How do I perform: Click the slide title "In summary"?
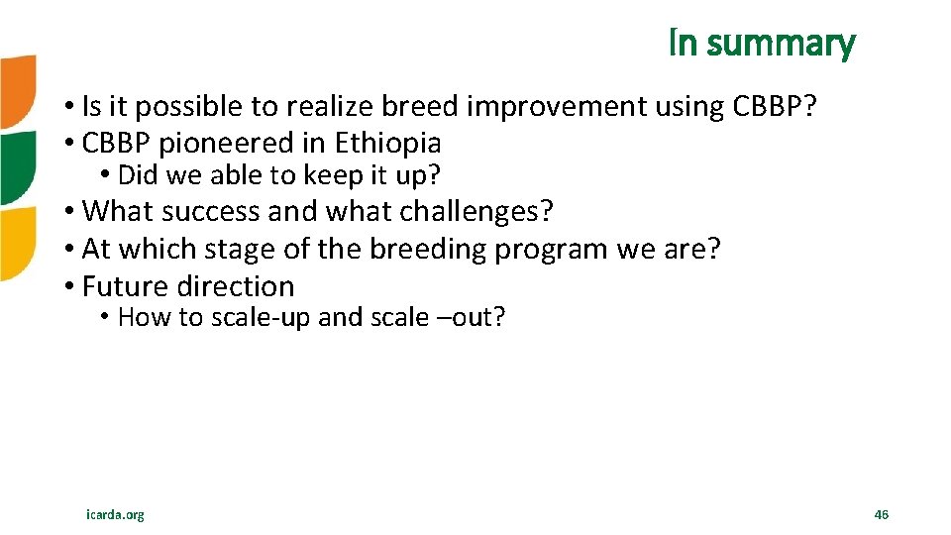[x=762, y=44]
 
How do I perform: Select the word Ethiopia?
[x=387, y=143]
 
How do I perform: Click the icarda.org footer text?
[x=115, y=514]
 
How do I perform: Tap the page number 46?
[x=882, y=514]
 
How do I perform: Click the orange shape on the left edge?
[x=16, y=91]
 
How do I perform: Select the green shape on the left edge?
[x=16, y=166]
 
